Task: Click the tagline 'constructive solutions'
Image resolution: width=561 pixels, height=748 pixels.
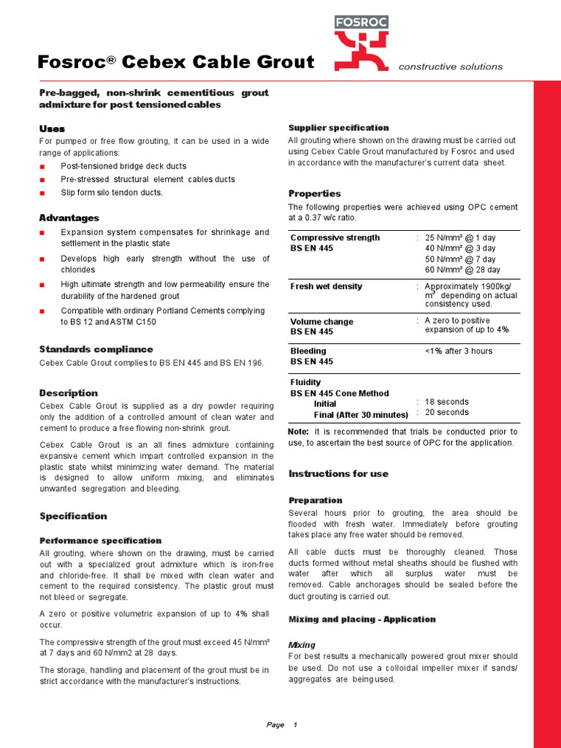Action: pyautogui.click(x=450, y=66)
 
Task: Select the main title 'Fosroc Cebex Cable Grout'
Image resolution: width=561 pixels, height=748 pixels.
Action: pyautogui.click(x=176, y=62)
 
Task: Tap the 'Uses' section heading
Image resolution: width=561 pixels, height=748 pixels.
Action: pyautogui.click(x=52, y=129)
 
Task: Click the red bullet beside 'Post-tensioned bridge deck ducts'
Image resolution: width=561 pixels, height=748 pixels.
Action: pyautogui.click(x=42, y=167)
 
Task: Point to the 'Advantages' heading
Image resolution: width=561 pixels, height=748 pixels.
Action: pyautogui.click(x=69, y=218)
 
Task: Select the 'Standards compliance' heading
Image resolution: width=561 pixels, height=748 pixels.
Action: pyautogui.click(x=96, y=349)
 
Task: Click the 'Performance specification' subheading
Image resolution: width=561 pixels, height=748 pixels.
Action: pyautogui.click(x=100, y=541)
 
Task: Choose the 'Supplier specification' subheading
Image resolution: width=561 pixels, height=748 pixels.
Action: pyautogui.click(x=339, y=128)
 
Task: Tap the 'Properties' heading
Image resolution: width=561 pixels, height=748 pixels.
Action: pyautogui.click(x=314, y=194)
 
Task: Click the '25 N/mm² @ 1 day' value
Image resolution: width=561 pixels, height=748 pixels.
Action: pyautogui.click(x=460, y=237)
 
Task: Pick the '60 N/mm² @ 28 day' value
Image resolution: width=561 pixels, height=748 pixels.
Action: pyautogui.click(x=462, y=270)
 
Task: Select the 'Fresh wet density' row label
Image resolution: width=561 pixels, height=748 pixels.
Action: pyautogui.click(x=326, y=286)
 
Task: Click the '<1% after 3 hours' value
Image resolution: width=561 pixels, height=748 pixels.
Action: pyautogui.click(x=459, y=351)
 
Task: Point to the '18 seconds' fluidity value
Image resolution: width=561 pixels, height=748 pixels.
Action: pyautogui.click(x=447, y=402)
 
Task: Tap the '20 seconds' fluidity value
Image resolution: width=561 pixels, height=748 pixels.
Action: pyautogui.click(x=447, y=413)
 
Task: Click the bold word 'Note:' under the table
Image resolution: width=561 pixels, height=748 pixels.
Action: pyautogui.click(x=299, y=432)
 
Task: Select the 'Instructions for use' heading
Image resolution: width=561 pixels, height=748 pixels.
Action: pyautogui.click(x=338, y=473)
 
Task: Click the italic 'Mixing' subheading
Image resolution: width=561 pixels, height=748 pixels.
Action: pyautogui.click(x=302, y=645)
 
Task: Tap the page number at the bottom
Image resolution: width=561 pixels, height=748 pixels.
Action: pyautogui.click(x=295, y=725)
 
